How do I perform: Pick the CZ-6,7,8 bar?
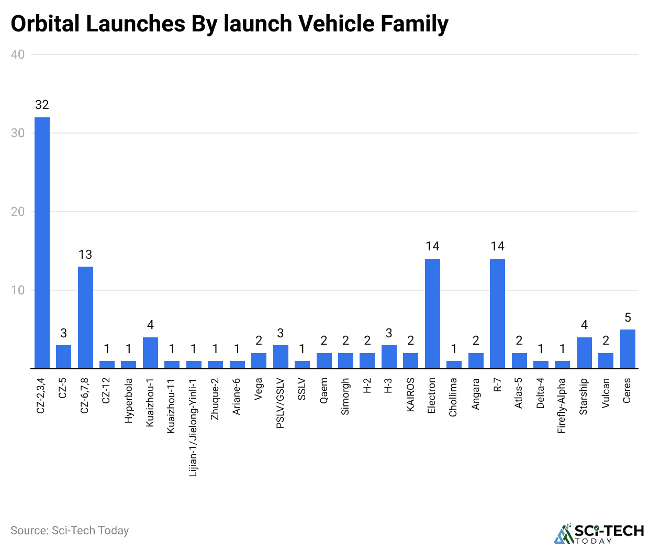click(85, 317)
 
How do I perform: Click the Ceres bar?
click(628, 349)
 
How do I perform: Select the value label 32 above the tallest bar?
click(42, 105)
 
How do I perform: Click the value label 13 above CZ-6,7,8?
click(85, 255)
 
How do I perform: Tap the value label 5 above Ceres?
click(628, 317)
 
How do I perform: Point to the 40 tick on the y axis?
click(18, 54)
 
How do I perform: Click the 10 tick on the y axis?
click(18, 290)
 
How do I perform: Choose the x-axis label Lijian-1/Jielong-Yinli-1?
click(194, 427)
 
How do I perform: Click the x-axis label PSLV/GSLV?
click(281, 403)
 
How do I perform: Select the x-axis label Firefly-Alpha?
click(562, 405)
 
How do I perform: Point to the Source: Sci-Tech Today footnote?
click(70, 531)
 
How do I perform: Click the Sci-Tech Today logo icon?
click(564, 533)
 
